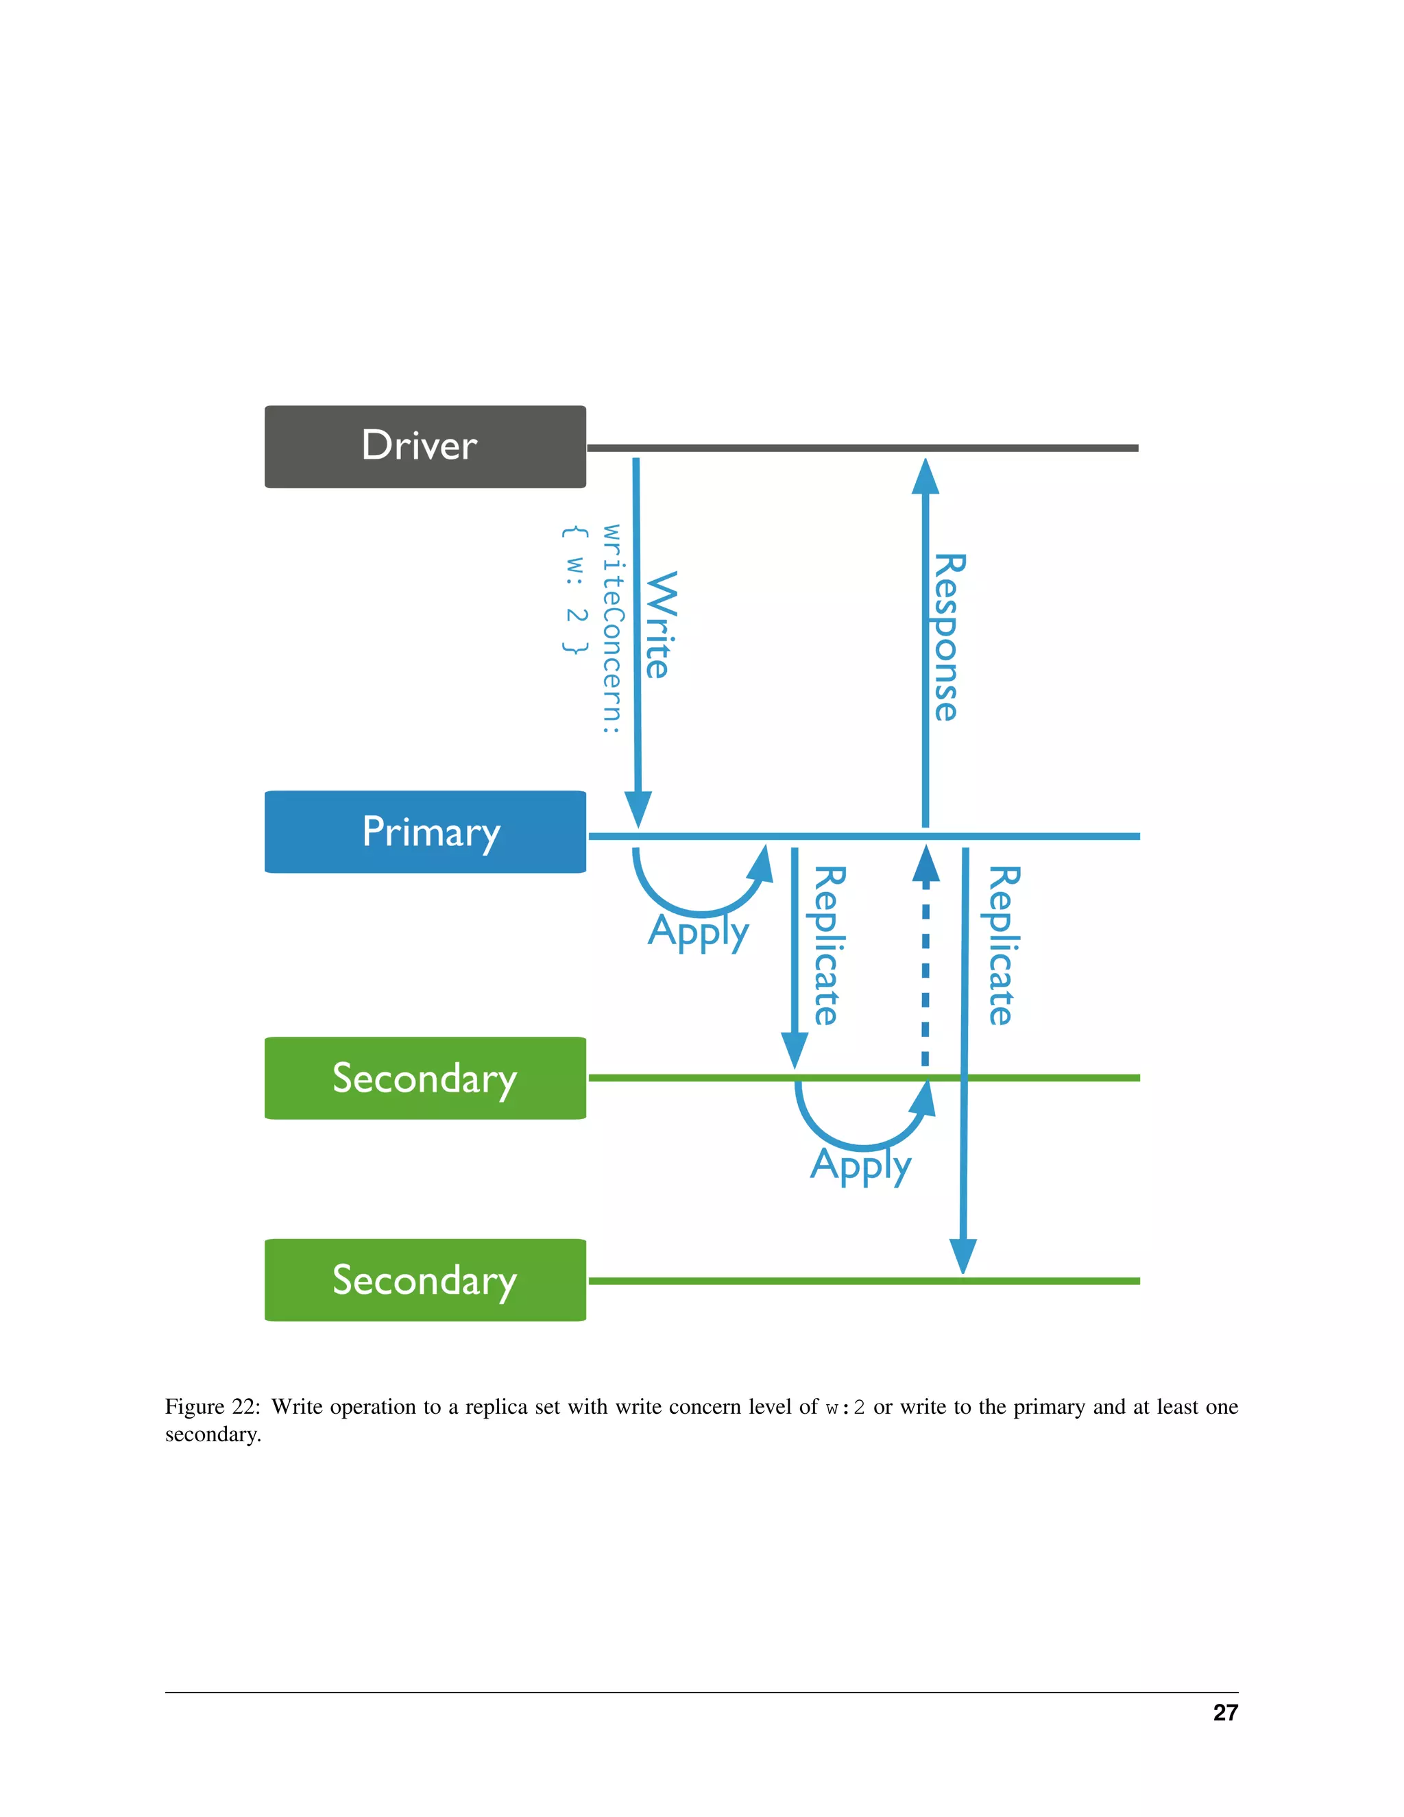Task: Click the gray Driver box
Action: click(425, 447)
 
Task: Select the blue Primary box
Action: click(425, 832)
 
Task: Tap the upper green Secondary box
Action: click(425, 1079)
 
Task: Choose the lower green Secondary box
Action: click(425, 1279)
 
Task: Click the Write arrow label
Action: click(662, 625)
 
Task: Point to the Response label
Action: click(949, 637)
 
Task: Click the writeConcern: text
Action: click(612, 628)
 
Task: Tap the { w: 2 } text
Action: click(574, 590)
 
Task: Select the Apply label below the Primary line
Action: click(699, 932)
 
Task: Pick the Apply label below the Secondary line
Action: click(861, 1166)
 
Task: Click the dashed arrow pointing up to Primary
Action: click(925, 965)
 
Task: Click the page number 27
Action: click(1225, 1712)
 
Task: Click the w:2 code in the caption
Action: click(845, 1408)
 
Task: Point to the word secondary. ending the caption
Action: click(213, 1434)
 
